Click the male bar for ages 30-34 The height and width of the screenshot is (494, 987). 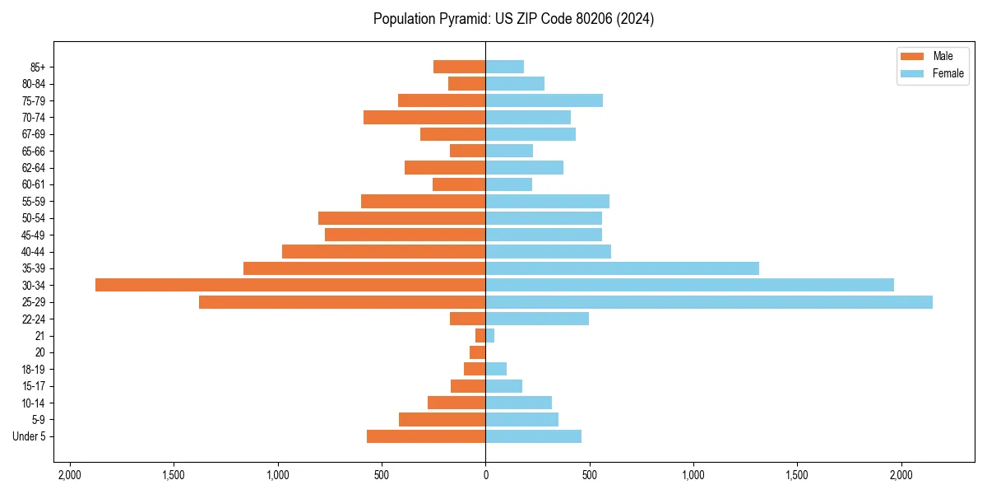(x=290, y=285)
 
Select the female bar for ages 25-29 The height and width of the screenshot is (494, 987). (x=709, y=302)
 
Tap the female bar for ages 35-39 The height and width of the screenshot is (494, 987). (x=622, y=268)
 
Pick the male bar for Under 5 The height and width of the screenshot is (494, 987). (x=426, y=436)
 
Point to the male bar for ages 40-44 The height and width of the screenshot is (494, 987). (x=383, y=251)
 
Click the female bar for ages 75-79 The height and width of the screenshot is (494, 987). (x=544, y=100)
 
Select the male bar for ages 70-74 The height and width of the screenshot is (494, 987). (x=424, y=118)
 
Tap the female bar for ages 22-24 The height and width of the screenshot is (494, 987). (x=537, y=319)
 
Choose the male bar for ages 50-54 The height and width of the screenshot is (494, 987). (x=401, y=218)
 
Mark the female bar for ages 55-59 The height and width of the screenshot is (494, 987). (x=547, y=201)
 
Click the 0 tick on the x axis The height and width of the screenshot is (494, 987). (x=485, y=475)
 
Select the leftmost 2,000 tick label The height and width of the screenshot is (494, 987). (x=69, y=475)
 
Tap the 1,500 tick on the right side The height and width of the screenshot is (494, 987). (x=797, y=475)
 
